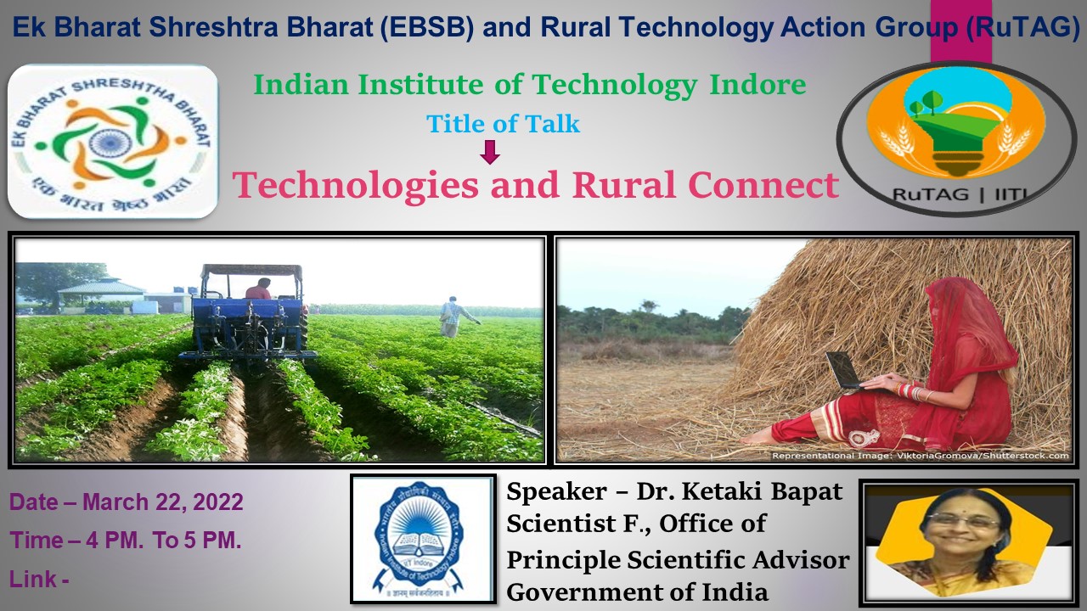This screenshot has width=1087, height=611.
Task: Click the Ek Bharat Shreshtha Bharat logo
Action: point(113,143)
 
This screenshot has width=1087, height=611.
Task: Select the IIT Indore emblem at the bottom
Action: point(423,540)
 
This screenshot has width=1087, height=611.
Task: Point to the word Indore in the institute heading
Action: point(757,85)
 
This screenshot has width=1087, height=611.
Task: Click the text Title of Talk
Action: point(503,124)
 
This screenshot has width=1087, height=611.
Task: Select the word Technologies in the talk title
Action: point(356,185)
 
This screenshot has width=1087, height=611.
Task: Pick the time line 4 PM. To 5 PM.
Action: point(127,541)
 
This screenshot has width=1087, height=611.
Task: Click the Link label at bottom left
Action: point(39,580)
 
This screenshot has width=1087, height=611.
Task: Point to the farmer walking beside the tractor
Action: point(455,317)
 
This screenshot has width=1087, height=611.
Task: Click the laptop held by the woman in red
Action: point(846,371)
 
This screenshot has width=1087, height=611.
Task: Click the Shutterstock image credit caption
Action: point(919,456)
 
